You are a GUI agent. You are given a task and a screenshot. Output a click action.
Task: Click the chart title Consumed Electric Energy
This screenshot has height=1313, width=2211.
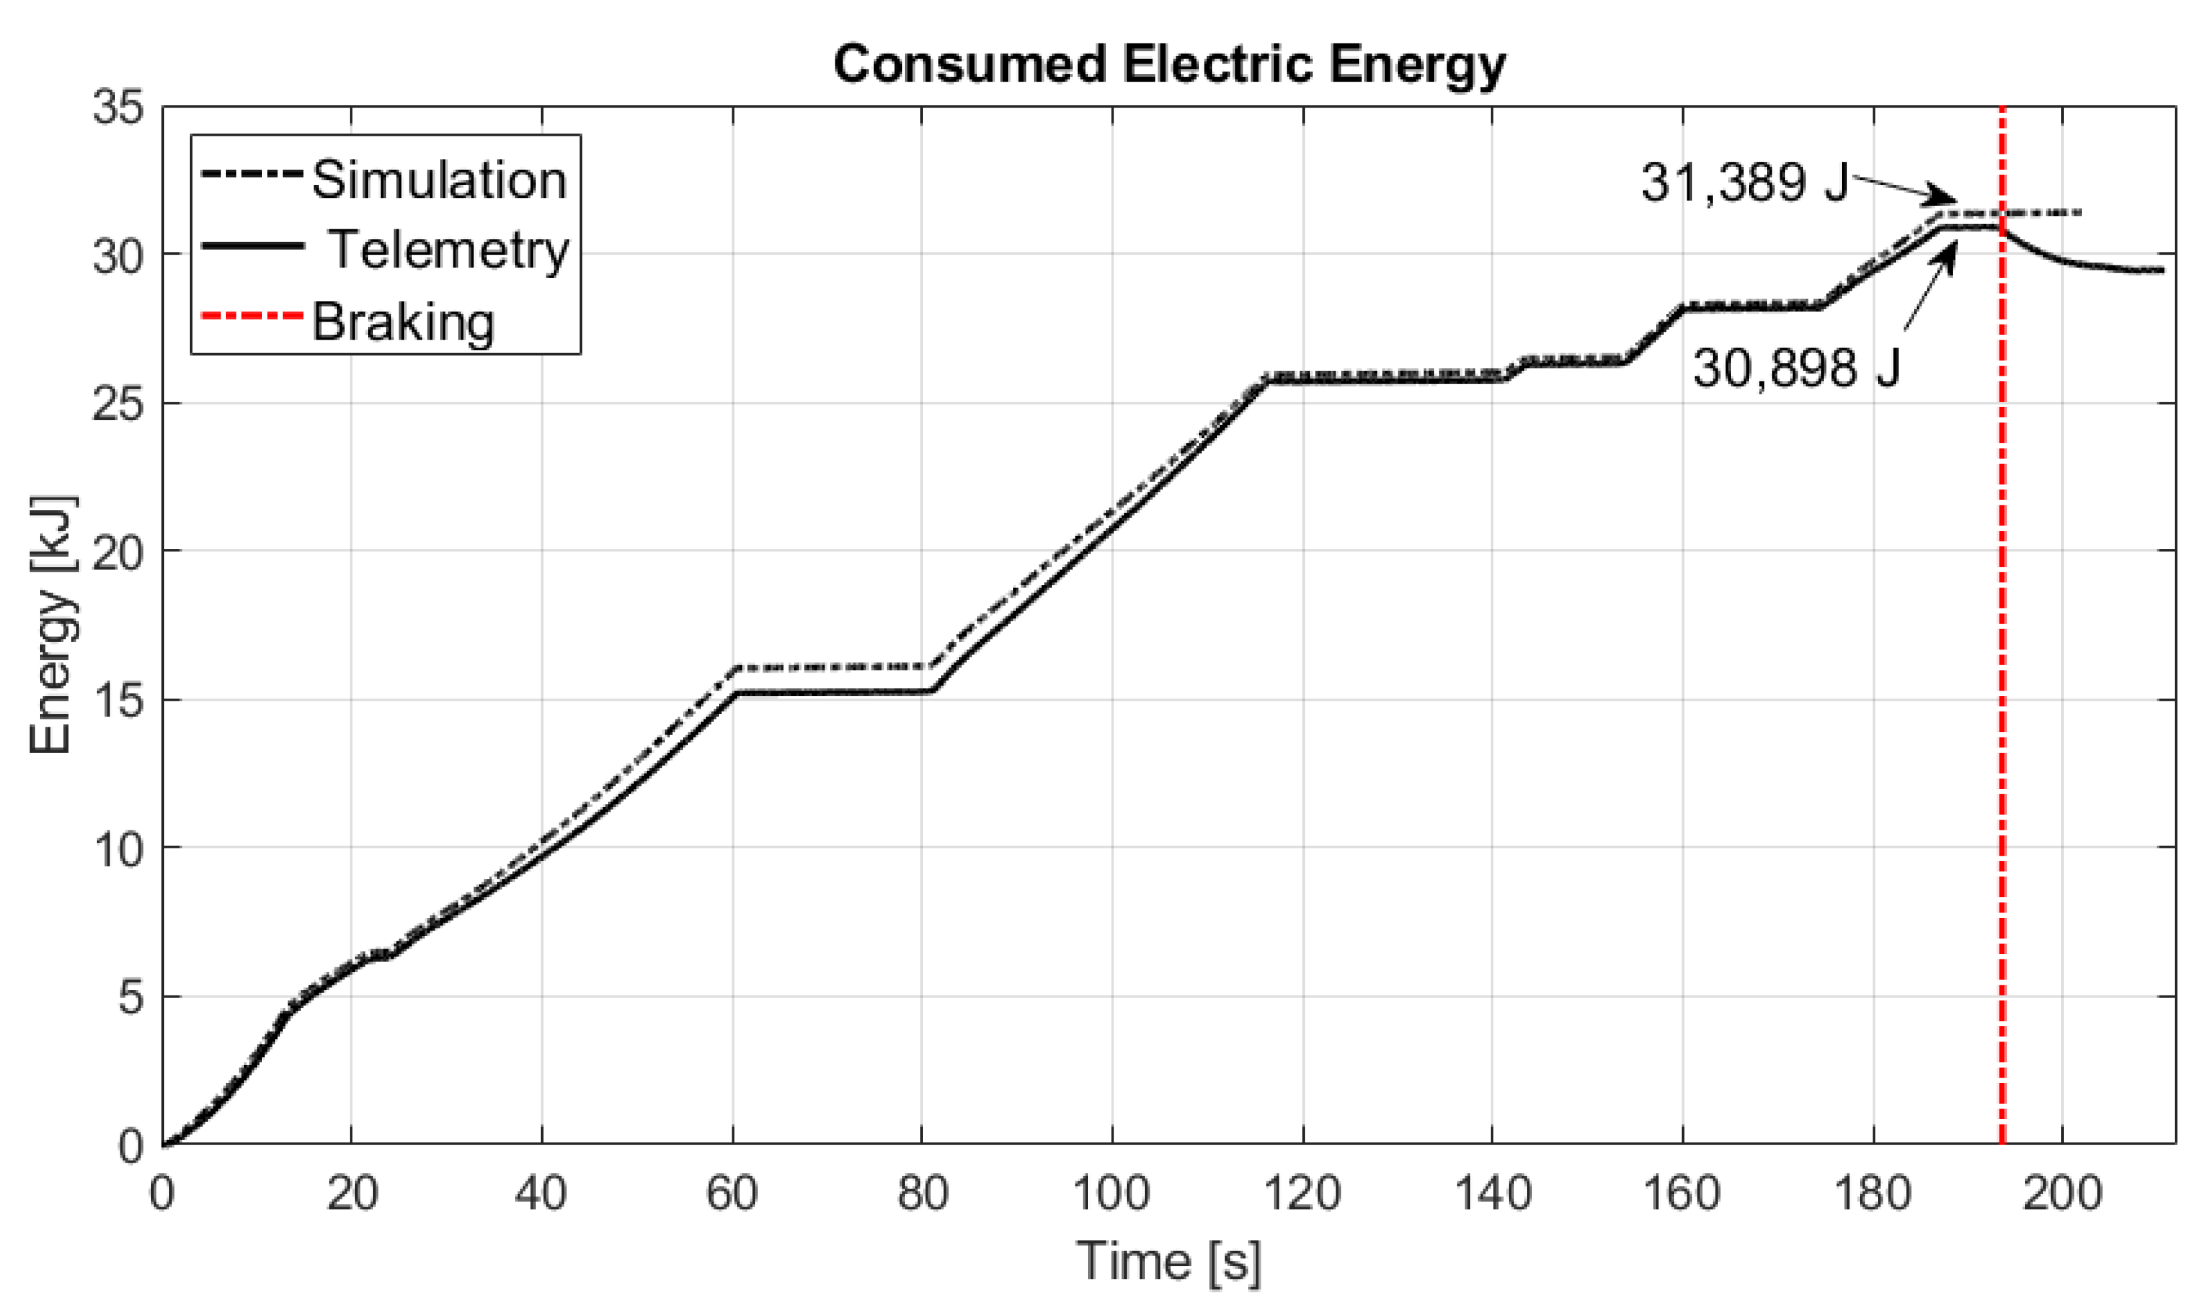tap(1168, 65)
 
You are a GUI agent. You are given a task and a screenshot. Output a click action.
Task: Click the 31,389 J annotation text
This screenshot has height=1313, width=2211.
tap(1744, 183)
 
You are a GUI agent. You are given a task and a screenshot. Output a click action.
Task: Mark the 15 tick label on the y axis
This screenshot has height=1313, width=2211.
tap(117, 701)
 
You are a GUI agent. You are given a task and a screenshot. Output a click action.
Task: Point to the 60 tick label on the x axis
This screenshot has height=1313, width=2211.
tap(731, 1193)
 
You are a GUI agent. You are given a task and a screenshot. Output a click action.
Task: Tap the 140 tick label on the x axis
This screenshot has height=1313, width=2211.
tap(1492, 1193)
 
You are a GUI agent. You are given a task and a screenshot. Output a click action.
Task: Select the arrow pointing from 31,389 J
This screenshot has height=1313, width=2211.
tap(1903, 189)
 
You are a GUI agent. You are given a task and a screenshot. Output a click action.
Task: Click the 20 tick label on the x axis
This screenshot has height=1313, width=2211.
tap(351, 1193)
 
